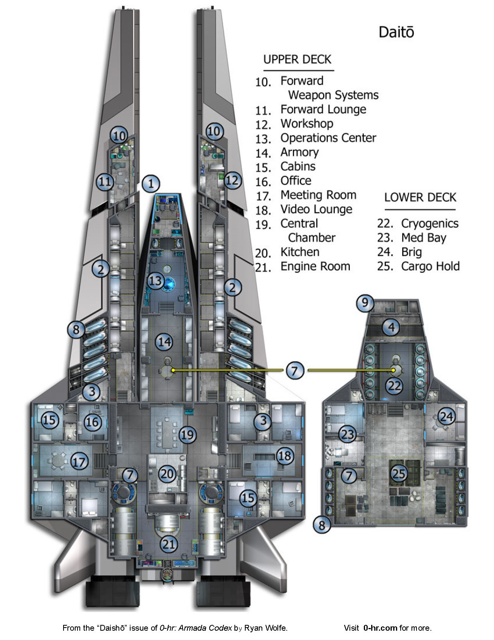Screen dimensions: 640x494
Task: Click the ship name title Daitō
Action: point(396,32)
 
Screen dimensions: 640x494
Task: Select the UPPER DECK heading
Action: point(297,60)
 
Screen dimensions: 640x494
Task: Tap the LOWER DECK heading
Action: point(420,197)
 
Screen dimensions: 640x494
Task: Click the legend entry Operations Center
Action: point(328,138)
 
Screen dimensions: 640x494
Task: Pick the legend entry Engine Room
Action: point(315,266)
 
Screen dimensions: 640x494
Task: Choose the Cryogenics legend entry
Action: point(429,224)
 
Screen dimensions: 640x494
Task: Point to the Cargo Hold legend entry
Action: point(430,266)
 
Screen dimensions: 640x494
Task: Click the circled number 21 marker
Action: point(169,544)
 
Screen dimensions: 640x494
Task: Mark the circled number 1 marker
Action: point(151,183)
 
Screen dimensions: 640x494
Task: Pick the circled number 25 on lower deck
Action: point(399,473)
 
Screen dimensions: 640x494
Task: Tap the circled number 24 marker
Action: point(446,417)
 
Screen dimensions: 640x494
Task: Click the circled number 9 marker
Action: point(365,303)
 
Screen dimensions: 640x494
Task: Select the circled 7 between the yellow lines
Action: point(295,370)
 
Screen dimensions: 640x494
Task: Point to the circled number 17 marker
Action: point(79,462)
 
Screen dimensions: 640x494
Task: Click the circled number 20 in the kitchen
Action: point(168,474)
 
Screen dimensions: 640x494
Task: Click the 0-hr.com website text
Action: point(380,628)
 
